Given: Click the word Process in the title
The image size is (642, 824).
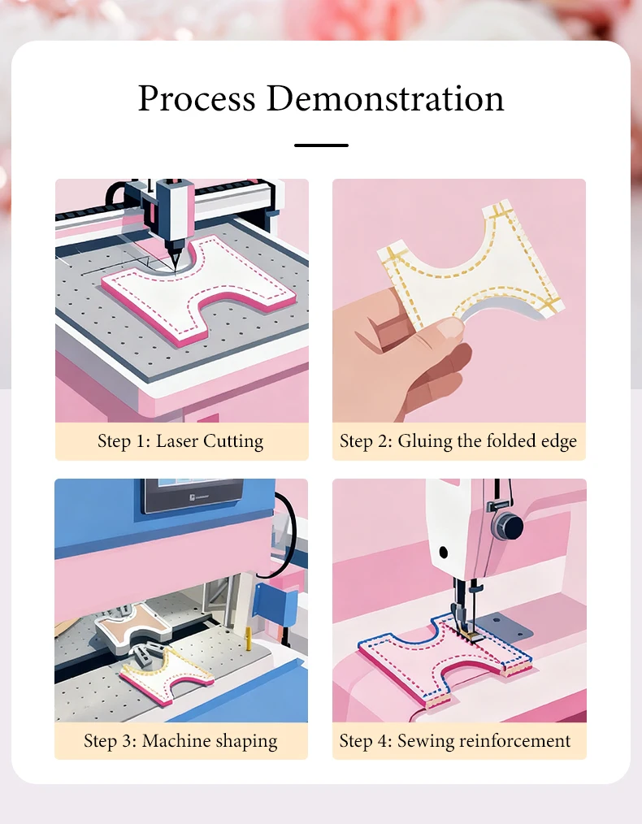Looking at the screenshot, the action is click(x=197, y=98).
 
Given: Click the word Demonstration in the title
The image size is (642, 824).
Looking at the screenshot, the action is click(x=385, y=98).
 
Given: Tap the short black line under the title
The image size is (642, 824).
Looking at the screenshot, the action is click(x=321, y=145).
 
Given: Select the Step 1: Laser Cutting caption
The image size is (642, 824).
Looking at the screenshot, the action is click(x=180, y=441).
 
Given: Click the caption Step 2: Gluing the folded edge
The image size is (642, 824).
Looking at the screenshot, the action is click(x=458, y=441).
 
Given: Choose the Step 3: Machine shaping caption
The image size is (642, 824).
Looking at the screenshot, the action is click(x=180, y=740).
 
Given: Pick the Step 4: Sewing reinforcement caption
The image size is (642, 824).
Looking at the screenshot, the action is click(x=454, y=740).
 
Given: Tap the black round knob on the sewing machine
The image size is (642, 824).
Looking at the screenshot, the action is click(x=508, y=526).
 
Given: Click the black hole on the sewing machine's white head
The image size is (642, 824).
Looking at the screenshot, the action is click(x=443, y=553).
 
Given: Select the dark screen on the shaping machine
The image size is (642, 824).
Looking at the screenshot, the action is click(x=193, y=495).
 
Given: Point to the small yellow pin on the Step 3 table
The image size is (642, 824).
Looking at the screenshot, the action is click(x=249, y=639).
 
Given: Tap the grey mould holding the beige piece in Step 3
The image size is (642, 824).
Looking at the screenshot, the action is click(x=132, y=627).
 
